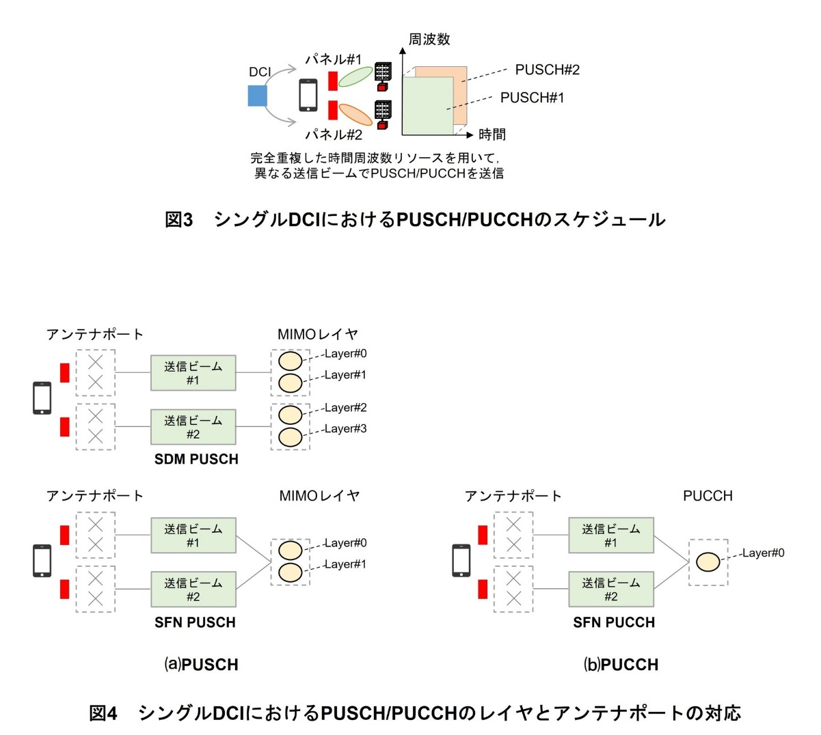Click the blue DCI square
(x=256, y=96)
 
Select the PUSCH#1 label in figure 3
(x=532, y=98)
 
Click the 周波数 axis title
(x=429, y=40)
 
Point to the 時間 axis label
(x=492, y=135)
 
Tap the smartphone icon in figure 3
(x=308, y=95)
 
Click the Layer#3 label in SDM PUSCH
(x=345, y=429)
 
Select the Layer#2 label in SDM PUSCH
(x=345, y=408)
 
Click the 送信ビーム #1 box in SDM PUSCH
(x=193, y=373)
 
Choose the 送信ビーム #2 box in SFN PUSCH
(x=193, y=590)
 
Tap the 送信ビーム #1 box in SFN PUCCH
(x=611, y=536)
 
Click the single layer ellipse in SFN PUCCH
(x=708, y=562)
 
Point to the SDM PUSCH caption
(x=196, y=460)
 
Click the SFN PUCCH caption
(x=614, y=622)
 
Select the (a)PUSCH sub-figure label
(x=201, y=665)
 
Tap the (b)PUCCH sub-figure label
(x=621, y=665)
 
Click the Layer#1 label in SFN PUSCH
(x=345, y=564)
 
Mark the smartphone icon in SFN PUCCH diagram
(x=461, y=561)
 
